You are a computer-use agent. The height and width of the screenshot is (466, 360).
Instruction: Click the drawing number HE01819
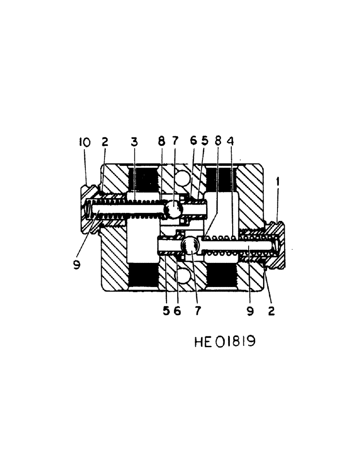(x=225, y=343)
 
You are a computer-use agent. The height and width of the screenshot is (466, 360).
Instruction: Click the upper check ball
(x=173, y=210)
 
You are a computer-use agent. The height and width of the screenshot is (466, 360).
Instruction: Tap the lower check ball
(x=191, y=245)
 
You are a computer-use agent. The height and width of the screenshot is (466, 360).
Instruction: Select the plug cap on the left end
(x=89, y=210)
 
